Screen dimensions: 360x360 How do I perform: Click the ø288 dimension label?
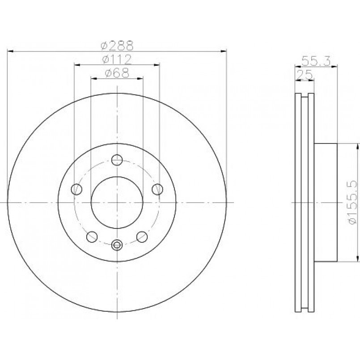[x=117, y=46]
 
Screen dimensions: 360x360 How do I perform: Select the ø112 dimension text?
[x=117, y=59]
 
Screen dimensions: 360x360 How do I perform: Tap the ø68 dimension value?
[x=117, y=73]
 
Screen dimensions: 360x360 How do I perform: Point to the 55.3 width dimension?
[x=316, y=61]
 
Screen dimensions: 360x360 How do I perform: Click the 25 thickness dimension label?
[x=305, y=74]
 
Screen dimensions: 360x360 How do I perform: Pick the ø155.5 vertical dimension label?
[x=352, y=202]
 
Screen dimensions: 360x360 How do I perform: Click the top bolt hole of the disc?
[x=117, y=160]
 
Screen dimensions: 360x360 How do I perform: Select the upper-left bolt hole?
[x=76, y=189]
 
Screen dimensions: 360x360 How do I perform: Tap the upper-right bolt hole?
[x=157, y=189]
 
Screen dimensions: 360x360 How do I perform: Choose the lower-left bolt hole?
[x=92, y=237]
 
